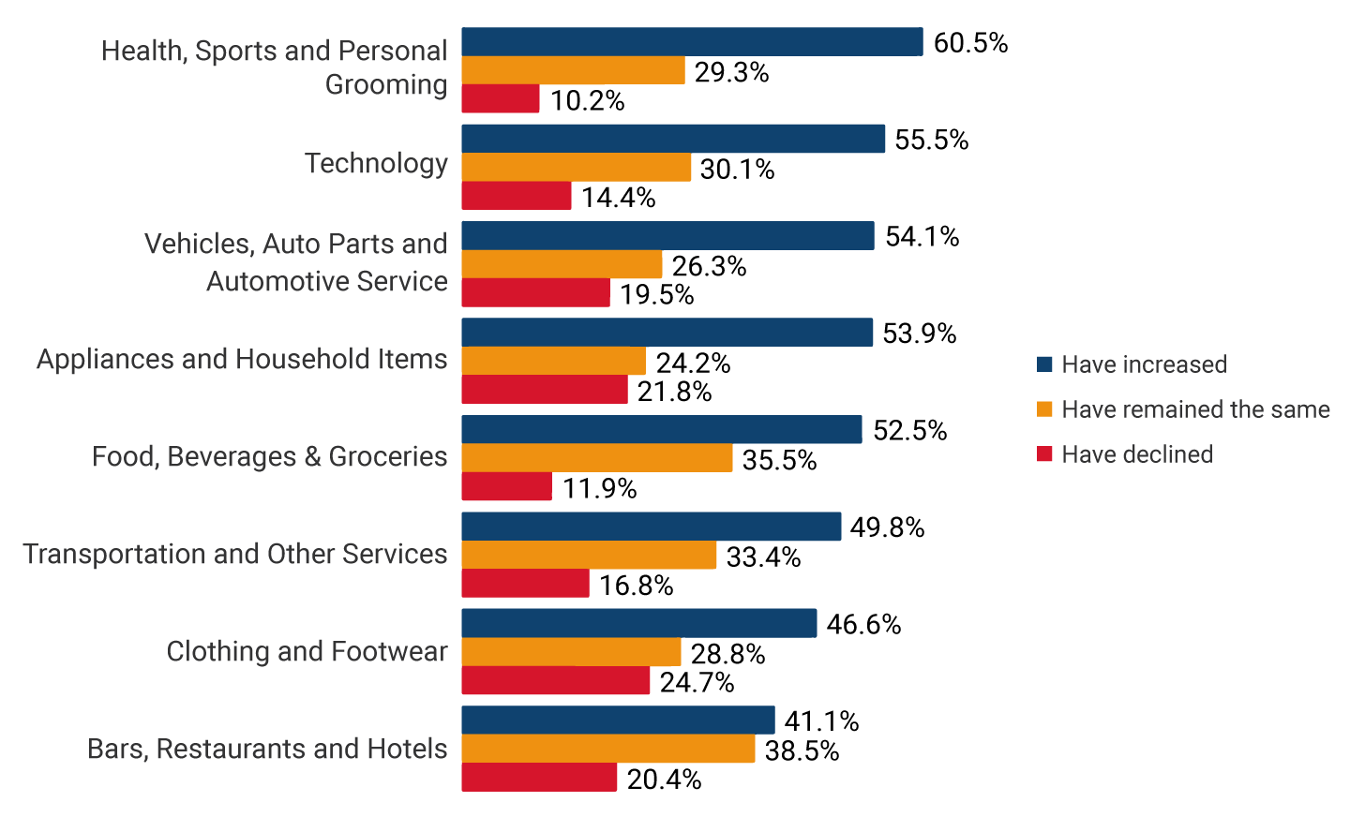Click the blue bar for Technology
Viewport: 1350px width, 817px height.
point(673,139)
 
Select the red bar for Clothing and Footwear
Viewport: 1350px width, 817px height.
point(555,681)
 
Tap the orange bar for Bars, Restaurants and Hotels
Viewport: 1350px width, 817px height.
point(607,749)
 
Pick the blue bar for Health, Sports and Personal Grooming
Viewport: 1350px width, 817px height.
point(692,42)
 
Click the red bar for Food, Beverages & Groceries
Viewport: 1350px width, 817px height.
point(506,487)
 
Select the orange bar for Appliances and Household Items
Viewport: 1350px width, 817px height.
point(553,362)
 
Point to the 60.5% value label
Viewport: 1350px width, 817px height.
point(970,43)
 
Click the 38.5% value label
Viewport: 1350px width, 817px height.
point(802,751)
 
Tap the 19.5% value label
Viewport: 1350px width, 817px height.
point(656,295)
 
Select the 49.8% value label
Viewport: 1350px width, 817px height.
point(887,528)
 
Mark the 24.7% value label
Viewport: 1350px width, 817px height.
point(697,683)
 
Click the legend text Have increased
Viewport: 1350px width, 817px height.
point(1144,364)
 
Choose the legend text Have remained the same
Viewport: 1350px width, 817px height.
point(1195,409)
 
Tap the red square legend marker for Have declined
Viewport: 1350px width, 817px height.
point(1044,454)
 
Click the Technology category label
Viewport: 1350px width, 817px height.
point(376,163)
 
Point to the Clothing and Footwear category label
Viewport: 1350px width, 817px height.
point(307,651)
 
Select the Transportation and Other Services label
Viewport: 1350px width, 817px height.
point(235,554)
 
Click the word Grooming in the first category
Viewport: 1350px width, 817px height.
point(386,84)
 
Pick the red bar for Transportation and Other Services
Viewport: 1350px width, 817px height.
point(525,584)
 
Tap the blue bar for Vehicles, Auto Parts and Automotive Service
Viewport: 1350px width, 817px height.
point(667,236)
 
